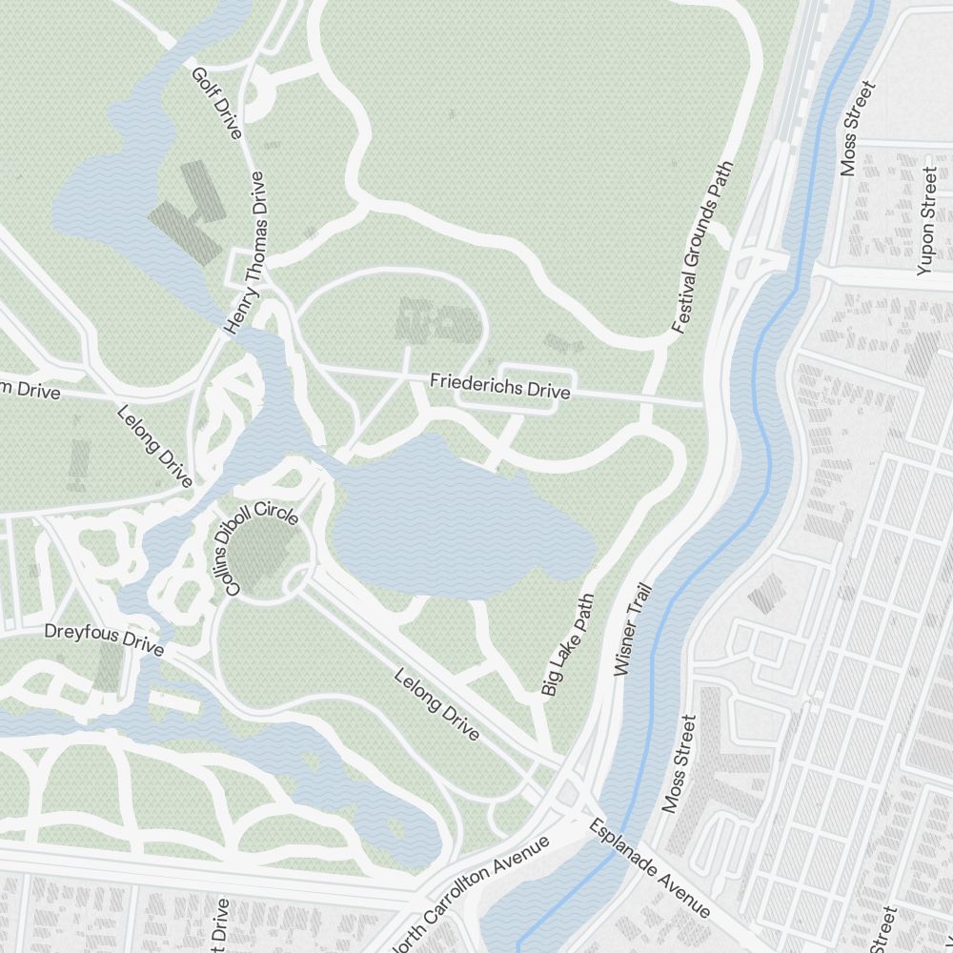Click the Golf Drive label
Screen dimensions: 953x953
point(216,103)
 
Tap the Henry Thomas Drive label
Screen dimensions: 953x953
point(244,253)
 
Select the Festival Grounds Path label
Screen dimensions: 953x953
point(703,247)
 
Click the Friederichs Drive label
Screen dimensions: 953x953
point(499,386)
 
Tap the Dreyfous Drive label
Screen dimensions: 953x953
point(104,639)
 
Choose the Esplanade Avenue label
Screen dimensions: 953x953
point(648,867)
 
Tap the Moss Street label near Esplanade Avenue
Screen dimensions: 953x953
point(680,762)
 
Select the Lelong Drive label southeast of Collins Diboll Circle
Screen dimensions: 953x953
point(436,704)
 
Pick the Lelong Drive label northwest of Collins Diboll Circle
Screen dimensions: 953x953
point(154,445)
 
